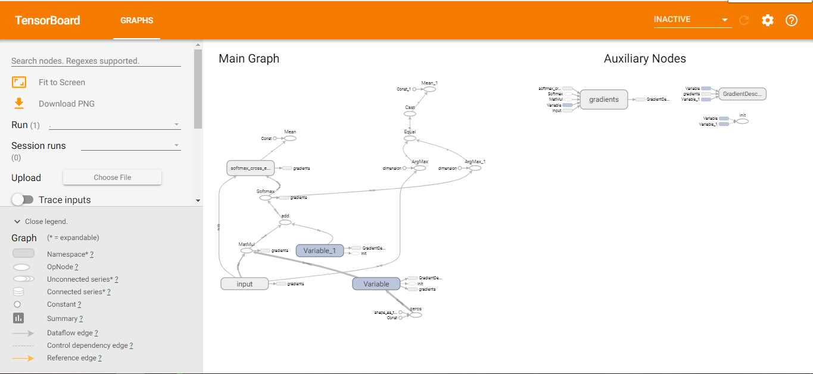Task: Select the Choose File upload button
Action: point(112,177)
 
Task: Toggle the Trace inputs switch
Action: point(23,200)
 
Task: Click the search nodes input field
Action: point(95,61)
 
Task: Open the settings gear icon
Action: point(768,20)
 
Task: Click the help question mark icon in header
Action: point(791,20)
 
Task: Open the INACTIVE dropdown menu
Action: point(691,20)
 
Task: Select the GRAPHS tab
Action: point(136,20)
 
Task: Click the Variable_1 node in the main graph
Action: point(319,251)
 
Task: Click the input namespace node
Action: point(245,284)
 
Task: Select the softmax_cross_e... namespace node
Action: point(251,168)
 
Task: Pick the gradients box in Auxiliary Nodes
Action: point(604,99)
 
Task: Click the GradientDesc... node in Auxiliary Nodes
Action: point(742,94)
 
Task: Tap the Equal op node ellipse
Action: point(410,138)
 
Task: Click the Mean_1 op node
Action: point(429,89)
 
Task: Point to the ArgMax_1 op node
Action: point(474,168)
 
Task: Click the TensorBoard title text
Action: point(48,20)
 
